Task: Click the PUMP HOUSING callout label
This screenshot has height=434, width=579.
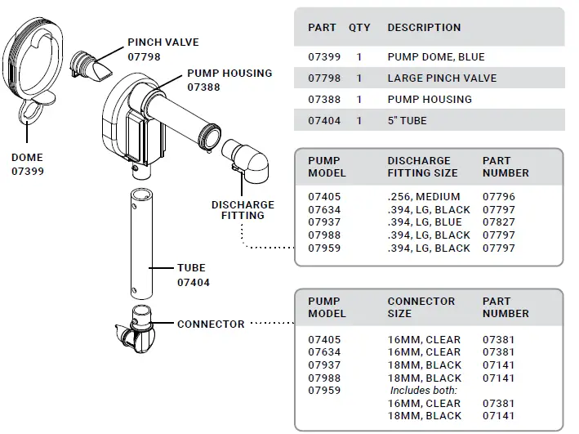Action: pos(229,79)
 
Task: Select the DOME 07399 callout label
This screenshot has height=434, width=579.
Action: pos(27,164)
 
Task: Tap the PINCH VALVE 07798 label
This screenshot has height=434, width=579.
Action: pos(163,49)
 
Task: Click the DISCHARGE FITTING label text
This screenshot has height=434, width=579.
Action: pos(243,209)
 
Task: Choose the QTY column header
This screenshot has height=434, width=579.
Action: pos(359,28)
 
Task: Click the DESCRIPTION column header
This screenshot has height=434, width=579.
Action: pos(424,28)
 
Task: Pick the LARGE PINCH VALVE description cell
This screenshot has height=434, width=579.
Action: pos(442,78)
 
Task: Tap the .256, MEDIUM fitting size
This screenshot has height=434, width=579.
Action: pos(423,197)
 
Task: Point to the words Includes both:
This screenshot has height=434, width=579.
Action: pos(423,391)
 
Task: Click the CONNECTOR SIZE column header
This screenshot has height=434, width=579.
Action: pos(421,307)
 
